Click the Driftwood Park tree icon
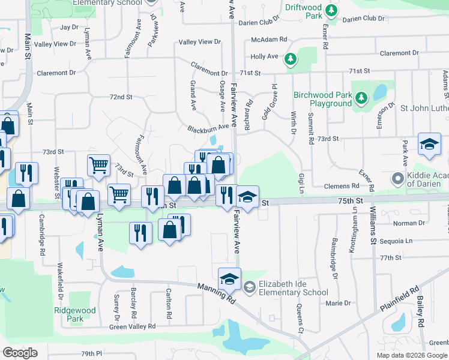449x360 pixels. [x=330, y=10]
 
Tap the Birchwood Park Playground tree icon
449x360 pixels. [x=361, y=97]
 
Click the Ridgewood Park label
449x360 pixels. [x=74, y=315]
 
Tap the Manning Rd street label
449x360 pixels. [x=217, y=292]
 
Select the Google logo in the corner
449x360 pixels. [x=20, y=353]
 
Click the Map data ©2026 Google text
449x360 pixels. [x=412, y=355]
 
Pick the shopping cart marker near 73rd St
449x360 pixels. [x=98, y=164]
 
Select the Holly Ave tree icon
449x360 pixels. [x=291, y=58]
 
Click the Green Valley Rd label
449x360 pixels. [x=132, y=326]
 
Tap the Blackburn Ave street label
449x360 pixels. [x=208, y=128]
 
